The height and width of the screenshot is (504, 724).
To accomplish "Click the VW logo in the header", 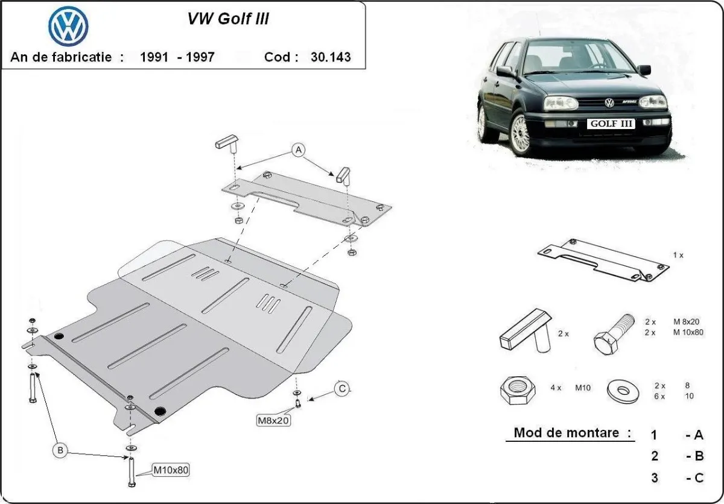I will pyautogui.click(x=68, y=27).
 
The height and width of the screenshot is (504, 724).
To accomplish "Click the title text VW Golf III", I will pyautogui.click(x=226, y=19).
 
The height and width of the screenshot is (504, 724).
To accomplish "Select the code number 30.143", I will pyautogui.click(x=331, y=57).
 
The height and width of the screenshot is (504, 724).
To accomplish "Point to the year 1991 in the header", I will pyautogui.click(x=154, y=57).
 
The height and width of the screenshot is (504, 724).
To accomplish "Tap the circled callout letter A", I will pyautogui.click(x=297, y=150).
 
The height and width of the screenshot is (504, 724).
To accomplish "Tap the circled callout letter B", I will pyautogui.click(x=60, y=450).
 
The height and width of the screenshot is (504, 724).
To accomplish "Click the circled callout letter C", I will pyautogui.click(x=342, y=389).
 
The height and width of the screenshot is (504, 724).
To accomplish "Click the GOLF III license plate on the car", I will pyautogui.click(x=611, y=124).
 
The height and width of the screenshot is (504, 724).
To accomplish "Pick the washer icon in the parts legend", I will pyautogui.click(x=621, y=390).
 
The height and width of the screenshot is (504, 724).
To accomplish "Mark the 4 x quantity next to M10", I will pyautogui.click(x=556, y=388).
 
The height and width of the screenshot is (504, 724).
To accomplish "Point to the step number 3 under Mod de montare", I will pyautogui.click(x=654, y=478).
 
